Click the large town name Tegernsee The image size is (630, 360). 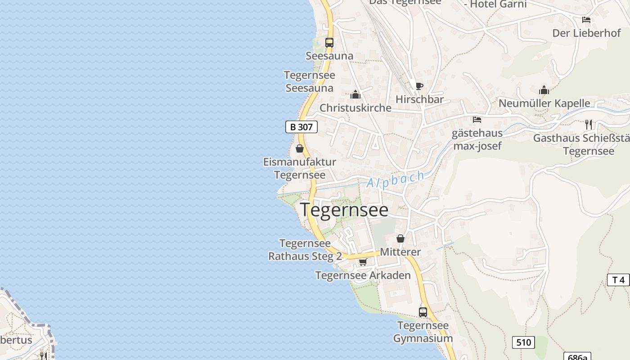pos(344,210)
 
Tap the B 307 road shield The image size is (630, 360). pos(301,127)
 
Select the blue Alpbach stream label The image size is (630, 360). pos(396,179)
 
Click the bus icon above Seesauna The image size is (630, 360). pos(329,43)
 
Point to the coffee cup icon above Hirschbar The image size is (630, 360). pos(419,86)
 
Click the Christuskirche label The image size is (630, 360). pos(355,108)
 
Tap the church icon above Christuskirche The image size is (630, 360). pos(355,95)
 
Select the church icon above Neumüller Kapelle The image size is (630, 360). pos(544,90)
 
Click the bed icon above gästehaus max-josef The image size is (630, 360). pos(477,120)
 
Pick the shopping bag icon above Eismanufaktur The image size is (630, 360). pos(300,148)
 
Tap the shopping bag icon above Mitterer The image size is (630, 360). pos(400,238)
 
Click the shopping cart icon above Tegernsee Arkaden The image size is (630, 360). pos(363,262)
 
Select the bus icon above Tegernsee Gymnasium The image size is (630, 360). pos(423,312)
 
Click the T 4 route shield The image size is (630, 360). pos(619,280)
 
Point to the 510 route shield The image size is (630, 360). pos(523,342)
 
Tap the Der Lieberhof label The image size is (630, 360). pos(586,33)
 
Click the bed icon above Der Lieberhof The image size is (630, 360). pos(586,20)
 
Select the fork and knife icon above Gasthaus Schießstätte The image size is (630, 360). pos(589,125)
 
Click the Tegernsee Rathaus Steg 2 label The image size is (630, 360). pos(305,250)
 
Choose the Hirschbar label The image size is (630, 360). pos(419,99)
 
